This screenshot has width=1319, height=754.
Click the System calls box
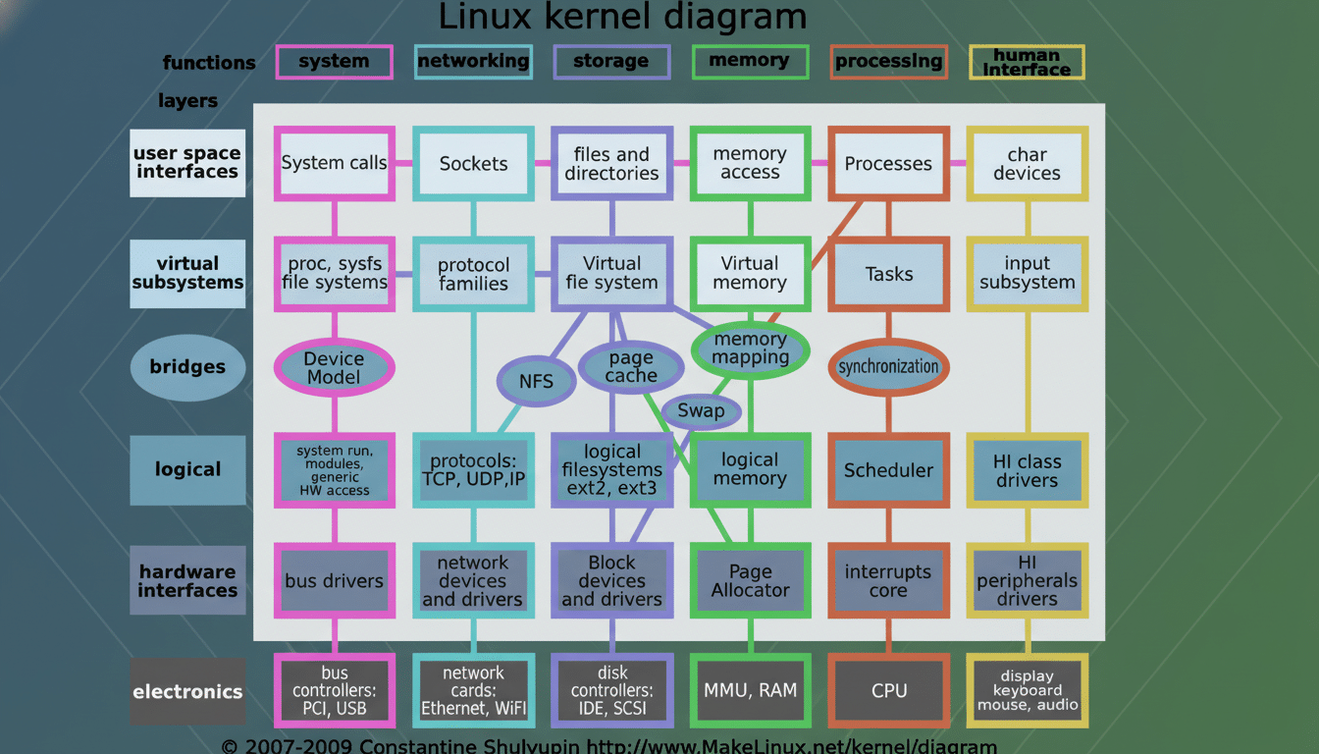point(334,163)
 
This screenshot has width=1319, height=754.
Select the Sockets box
point(473,163)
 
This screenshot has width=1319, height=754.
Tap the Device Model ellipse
point(334,368)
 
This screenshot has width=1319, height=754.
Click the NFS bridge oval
point(537,382)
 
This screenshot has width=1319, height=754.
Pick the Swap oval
point(701,410)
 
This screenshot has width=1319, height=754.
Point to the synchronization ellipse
point(888,367)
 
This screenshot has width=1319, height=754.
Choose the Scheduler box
point(888,470)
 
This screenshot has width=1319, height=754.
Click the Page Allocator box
point(750,581)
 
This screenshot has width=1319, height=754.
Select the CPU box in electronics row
point(888,691)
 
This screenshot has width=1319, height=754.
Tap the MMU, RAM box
point(750,690)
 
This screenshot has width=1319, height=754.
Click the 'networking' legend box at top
point(473,62)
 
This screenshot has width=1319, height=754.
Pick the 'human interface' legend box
point(1027,62)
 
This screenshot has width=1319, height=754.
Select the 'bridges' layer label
point(187,367)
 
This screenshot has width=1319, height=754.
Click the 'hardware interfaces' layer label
point(187,580)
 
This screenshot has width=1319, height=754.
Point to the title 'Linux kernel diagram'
point(622,17)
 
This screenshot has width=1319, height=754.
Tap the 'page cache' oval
point(631,367)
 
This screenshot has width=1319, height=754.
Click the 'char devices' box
point(1027,163)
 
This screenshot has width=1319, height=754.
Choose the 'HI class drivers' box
point(1027,470)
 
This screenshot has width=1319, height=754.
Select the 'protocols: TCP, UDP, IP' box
point(473,470)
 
